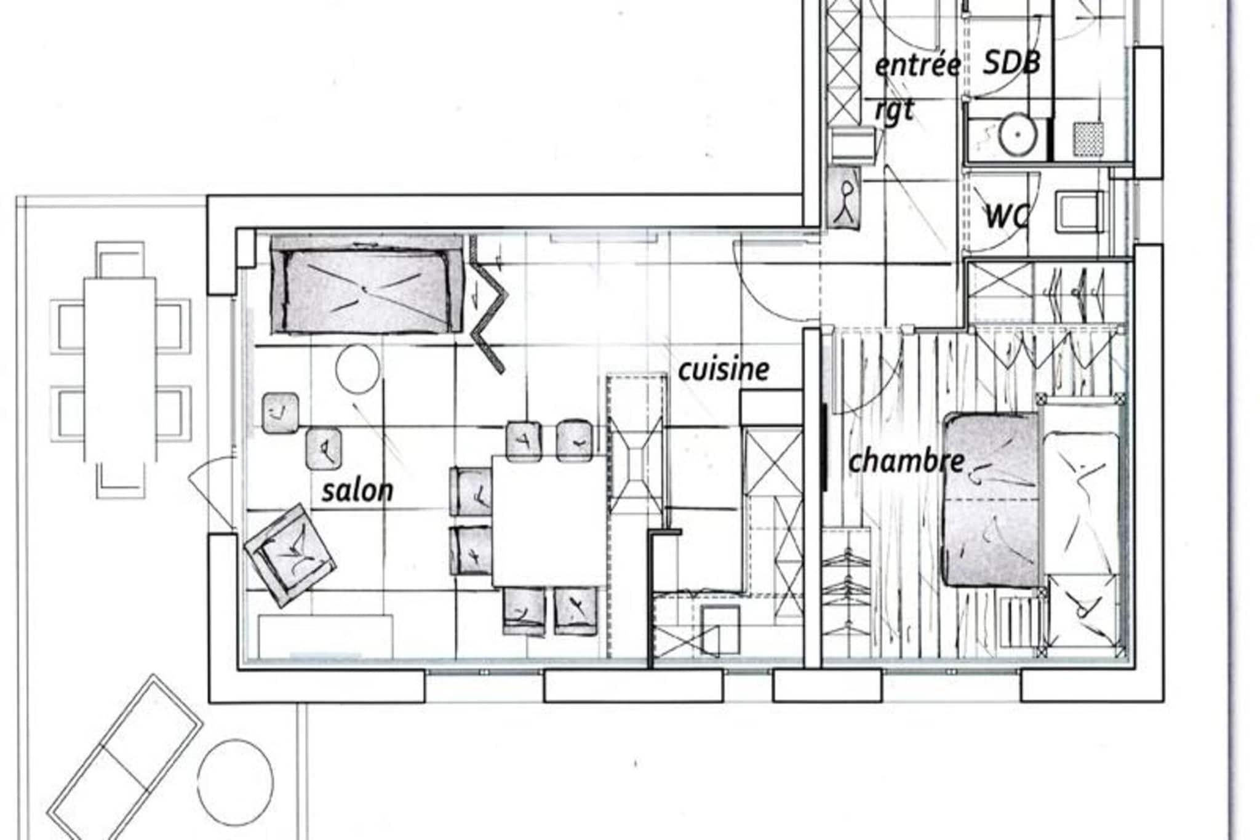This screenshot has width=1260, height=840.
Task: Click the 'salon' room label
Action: coord(357,491)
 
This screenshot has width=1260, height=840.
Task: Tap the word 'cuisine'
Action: coord(724,369)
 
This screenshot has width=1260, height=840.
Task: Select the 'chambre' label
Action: coord(906,461)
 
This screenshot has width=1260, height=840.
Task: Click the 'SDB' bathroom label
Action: coord(1011,63)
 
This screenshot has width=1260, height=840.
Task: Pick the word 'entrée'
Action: coord(917,65)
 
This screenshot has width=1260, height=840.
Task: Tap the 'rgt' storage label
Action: coord(895,111)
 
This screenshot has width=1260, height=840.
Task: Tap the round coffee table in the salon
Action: coord(357,368)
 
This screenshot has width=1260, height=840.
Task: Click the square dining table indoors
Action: coord(549,521)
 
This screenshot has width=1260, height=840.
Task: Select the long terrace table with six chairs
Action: coord(120,369)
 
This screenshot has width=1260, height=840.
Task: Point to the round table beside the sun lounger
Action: coord(236,778)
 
